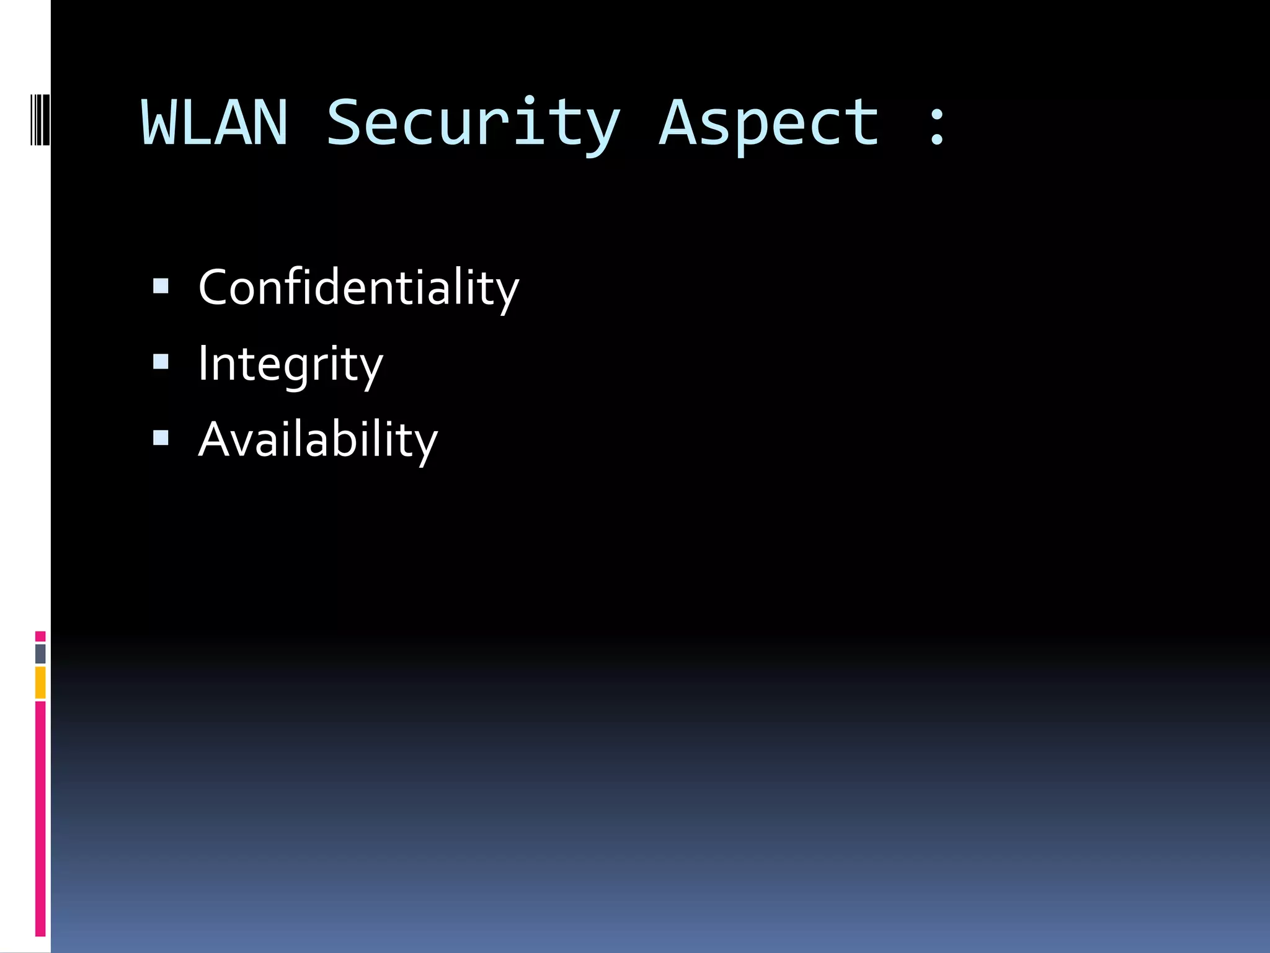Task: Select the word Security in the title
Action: coord(473,124)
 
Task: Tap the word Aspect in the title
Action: coord(768,124)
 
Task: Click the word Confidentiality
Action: coord(358,288)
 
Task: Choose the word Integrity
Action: coord(290,364)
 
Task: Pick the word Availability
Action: coord(317,440)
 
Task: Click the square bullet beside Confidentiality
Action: coord(161,286)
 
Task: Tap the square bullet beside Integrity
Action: coord(161,362)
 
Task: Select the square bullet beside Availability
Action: coord(161,438)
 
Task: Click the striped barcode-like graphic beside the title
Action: coord(40,119)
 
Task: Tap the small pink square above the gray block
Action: coord(40,637)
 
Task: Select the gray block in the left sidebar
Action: coord(40,654)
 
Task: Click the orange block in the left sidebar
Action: coord(40,682)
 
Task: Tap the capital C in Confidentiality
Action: coord(214,288)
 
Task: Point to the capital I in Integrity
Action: coord(202,364)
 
